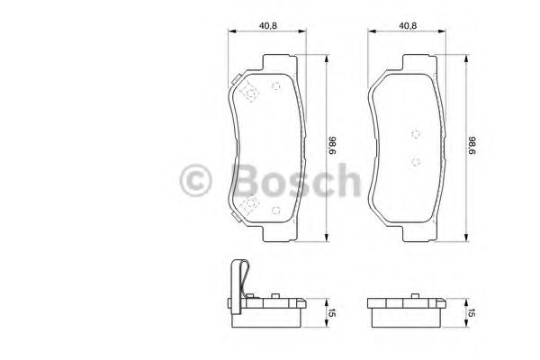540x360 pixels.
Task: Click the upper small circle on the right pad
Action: click(415, 133)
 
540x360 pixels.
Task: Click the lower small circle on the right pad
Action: click(415, 163)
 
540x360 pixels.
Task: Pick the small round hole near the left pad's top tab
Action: click(276, 86)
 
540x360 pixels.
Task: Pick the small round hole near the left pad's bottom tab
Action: click(276, 211)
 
